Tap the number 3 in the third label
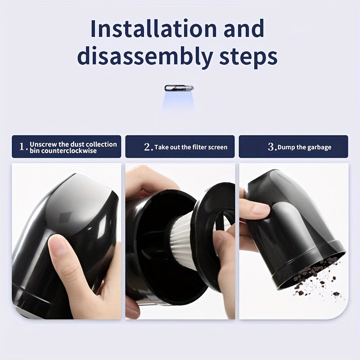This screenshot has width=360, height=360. tap(271, 147)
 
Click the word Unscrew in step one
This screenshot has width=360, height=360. tap(41, 144)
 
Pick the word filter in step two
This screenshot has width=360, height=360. tap(197, 147)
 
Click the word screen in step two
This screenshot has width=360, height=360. tap(218, 147)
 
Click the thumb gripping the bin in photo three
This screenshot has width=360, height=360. tap(254, 208)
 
